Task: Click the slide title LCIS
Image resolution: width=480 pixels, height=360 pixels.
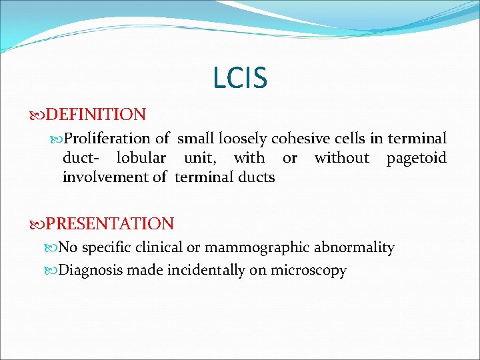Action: [x=240, y=78]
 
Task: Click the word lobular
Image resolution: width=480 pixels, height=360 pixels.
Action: [x=141, y=158]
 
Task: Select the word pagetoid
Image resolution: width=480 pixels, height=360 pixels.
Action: [x=417, y=158]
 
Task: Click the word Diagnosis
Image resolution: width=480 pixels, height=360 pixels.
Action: [x=91, y=271]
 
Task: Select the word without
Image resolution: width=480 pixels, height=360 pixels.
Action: [x=341, y=158]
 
